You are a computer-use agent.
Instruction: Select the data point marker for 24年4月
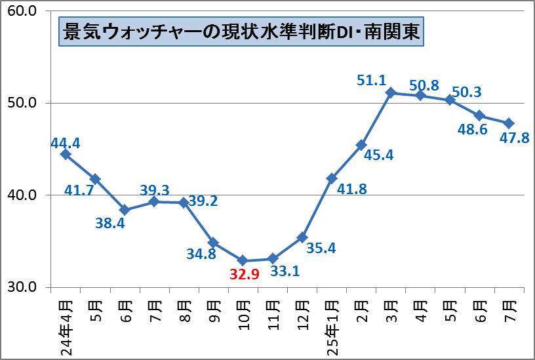pos(65,154)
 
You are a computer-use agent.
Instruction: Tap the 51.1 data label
pos(370,81)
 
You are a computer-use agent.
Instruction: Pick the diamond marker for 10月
pos(243,260)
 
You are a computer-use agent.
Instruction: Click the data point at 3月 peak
pos(391,92)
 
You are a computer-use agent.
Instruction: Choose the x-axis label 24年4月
pos(66,325)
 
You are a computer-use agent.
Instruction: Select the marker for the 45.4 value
pos(361,145)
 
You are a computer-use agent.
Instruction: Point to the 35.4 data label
pos(322,248)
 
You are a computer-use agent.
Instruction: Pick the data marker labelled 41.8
pos(332,178)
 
